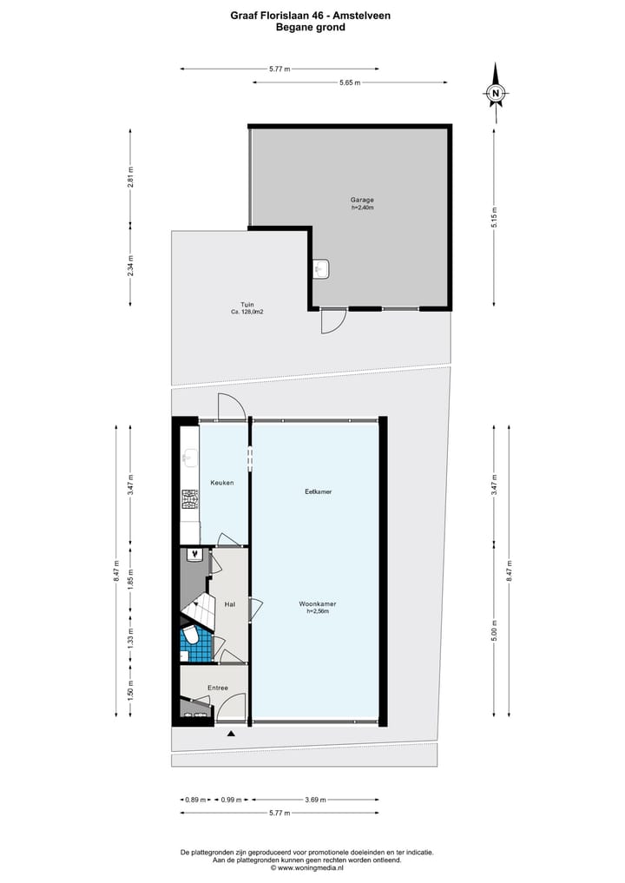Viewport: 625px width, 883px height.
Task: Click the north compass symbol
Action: [496, 93]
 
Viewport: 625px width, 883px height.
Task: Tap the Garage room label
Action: [362, 200]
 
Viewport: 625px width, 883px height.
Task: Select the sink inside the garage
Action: [321, 269]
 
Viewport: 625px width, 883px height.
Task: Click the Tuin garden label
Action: [247, 305]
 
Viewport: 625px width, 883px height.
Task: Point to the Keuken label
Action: [222, 483]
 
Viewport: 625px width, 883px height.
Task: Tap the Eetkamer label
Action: [318, 491]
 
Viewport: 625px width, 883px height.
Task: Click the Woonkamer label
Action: [318, 603]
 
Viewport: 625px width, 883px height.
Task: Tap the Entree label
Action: [217, 688]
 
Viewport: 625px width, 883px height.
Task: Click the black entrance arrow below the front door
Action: [231, 735]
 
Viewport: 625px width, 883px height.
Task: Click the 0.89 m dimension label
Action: [194, 800]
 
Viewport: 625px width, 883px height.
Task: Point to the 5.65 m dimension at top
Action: [350, 82]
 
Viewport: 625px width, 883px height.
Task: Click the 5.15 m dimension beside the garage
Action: [495, 214]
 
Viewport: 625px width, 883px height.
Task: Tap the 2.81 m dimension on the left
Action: [131, 176]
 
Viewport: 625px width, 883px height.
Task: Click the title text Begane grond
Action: [310, 27]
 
